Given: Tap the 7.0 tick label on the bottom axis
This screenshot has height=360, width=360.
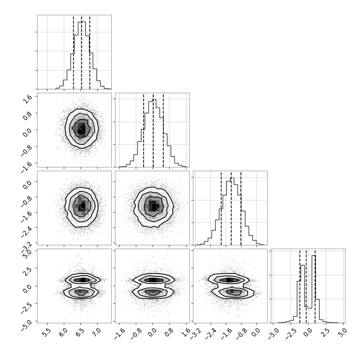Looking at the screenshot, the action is click(96, 332).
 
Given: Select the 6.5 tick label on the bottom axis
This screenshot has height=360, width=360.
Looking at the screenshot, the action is click(80, 332).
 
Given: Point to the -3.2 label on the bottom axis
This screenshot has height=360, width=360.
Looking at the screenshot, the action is click(196, 334).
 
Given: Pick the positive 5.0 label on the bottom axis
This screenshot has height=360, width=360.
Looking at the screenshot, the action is click(342, 332).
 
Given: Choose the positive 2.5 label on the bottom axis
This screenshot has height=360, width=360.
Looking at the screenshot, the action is click(325, 332).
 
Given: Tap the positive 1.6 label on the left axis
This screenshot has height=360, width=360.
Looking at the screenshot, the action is click(27, 99).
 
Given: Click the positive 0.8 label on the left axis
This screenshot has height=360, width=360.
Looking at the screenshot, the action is click(27, 116).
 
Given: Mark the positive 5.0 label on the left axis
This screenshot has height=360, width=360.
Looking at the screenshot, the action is click(27, 254).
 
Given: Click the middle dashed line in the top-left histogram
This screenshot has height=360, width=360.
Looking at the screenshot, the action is click(82, 52).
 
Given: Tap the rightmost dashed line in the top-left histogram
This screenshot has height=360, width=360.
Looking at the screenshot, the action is click(90, 52).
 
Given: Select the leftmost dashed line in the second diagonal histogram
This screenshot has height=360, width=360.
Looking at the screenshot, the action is click(144, 130).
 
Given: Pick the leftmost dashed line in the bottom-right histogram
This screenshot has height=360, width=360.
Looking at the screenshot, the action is click(300, 286).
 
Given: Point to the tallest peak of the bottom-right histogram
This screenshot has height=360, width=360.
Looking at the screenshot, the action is click(314, 256).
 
